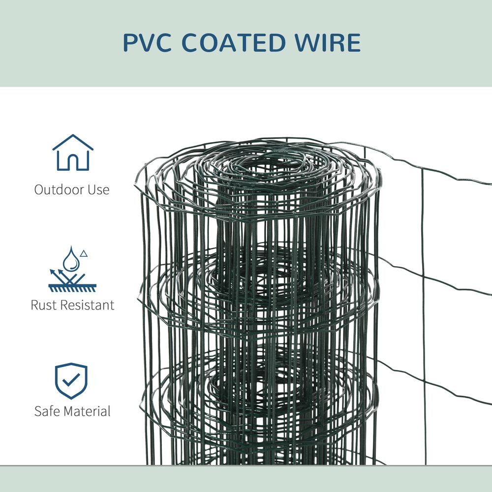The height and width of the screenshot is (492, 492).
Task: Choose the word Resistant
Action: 87,305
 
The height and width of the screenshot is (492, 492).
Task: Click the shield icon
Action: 71,381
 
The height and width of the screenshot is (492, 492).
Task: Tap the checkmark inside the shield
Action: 71,380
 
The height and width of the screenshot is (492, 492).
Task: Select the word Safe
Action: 47,411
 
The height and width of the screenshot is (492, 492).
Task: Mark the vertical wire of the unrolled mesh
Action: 424,295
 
